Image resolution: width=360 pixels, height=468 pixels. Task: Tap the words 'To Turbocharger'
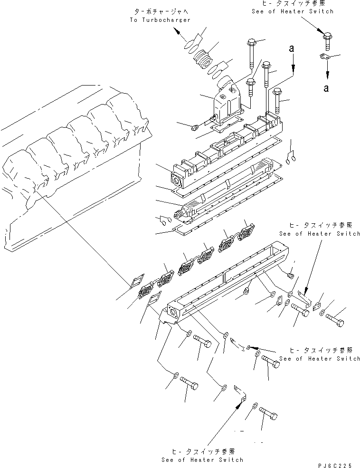point(160,20)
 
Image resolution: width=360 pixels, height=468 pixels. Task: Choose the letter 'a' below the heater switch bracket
point(327,88)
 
